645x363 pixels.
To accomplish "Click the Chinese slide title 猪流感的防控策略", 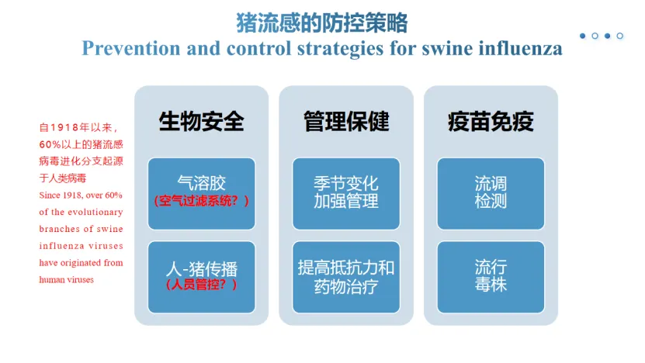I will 321,22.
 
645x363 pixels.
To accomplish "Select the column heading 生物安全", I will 201,122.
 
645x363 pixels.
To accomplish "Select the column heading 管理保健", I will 345,122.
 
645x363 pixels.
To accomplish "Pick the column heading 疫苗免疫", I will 491,122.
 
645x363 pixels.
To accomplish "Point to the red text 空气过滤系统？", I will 201,201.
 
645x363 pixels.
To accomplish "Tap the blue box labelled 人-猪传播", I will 201,269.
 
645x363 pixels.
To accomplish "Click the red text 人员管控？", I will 201,285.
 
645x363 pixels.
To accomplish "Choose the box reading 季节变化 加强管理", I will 345,193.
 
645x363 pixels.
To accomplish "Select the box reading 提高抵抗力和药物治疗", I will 345,277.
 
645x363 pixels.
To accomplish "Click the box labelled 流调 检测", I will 491,193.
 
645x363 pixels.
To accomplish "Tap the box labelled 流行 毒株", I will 491,277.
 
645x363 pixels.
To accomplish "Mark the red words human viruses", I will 67,279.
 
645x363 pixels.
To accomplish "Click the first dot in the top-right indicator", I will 582,36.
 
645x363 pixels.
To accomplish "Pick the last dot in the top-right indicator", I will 619,36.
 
